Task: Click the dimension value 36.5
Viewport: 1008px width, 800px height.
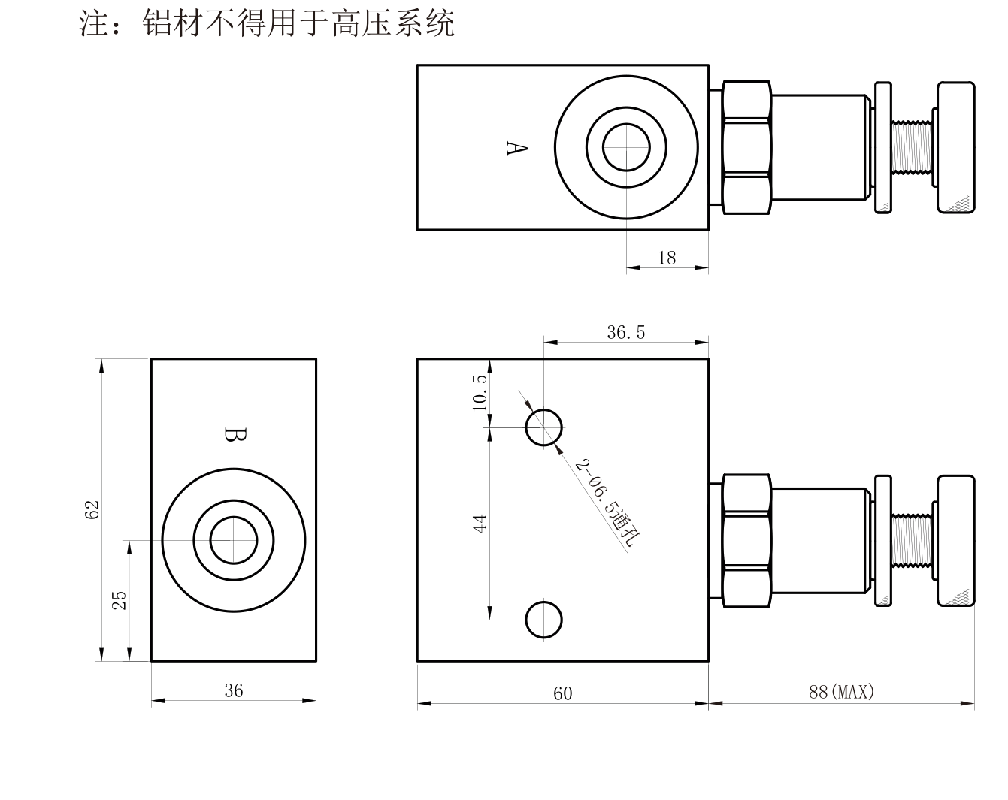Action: [626, 333]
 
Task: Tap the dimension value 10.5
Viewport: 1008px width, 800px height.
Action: [480, 393]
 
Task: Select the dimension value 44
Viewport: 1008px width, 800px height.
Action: [480, 524]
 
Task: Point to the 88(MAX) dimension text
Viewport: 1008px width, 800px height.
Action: [841, 692]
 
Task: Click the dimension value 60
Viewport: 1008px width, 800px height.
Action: [562, 693]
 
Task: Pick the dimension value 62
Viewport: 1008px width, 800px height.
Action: [92, 510]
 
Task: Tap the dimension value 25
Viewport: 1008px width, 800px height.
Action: [120, 601]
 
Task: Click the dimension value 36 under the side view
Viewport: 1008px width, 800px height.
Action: [234, 690]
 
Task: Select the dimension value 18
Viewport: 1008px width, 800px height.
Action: [667, 258]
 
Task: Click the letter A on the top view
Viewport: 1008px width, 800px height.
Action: [517, 149]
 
